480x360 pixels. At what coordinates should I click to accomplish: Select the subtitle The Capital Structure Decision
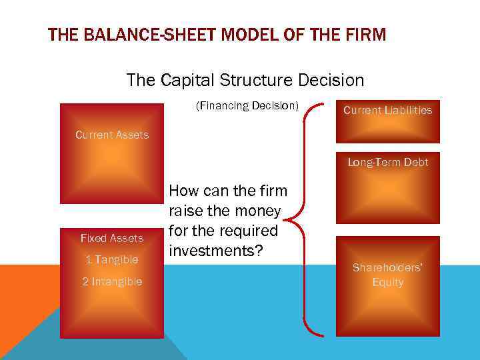[245, 81]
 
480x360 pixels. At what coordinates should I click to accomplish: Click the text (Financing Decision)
[247, 105]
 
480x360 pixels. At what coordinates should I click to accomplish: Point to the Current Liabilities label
[387, 110]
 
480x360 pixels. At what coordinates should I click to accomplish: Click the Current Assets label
[112, 135]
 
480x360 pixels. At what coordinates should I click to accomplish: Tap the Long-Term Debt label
[387, 162]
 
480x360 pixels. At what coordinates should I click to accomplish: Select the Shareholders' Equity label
[387, 275]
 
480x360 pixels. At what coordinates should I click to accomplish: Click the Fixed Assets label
[112, 238]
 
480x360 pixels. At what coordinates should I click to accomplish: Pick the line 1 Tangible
[112, 259]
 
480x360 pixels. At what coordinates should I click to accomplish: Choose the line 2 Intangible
[112, 281]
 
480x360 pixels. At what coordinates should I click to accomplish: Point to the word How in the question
[184, 191]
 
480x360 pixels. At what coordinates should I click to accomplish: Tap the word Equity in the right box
[387, 282]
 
